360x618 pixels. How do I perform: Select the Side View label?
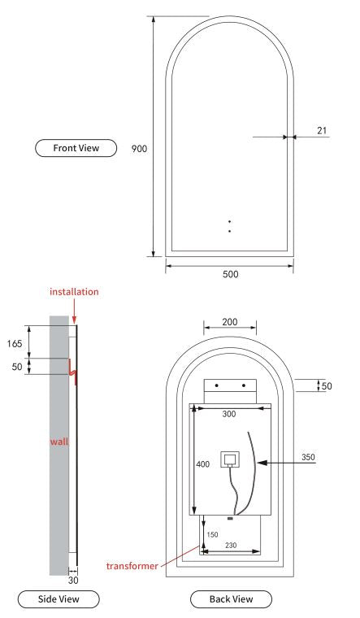pyautogui.click(x=59, y=599)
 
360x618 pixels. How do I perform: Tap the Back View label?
pyautogui.click(x=231, y=599)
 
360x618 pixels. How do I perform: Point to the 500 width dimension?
pyautogui.click(x=230, y=274)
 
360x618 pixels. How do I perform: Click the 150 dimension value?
pyautogui.click(x=214, y=534)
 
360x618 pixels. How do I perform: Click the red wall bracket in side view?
pyautogui.click(x=71, y=370)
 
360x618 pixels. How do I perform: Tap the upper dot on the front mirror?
pyautogui.click(x=230, y=221)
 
